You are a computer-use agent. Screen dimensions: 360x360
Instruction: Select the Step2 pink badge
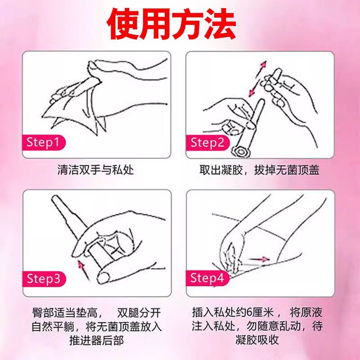click(x=207, y=143)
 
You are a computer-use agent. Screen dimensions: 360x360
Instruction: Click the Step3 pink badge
click(x=43, y=279)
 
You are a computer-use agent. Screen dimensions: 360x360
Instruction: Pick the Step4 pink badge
click(x=207, y=279)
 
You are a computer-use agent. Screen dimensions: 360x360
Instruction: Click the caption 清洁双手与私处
click(x=96, y=171)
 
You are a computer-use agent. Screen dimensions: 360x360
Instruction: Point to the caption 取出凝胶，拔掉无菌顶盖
click(x=260, y=171)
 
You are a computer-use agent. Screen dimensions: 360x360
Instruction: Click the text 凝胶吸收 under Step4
click(x=260, y=339)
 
